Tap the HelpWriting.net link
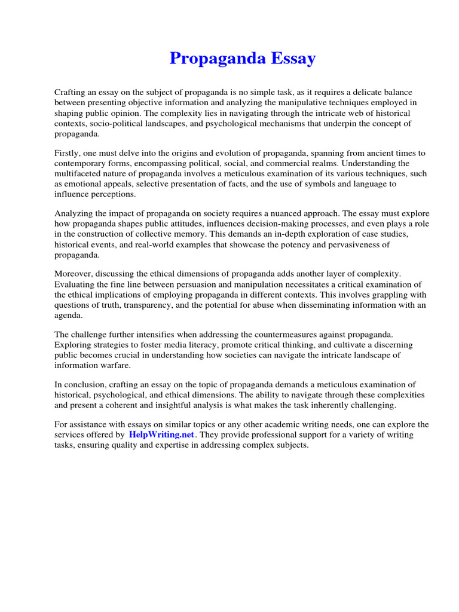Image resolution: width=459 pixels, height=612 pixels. (161, 435)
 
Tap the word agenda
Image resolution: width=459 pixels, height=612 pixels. (68, 316)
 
